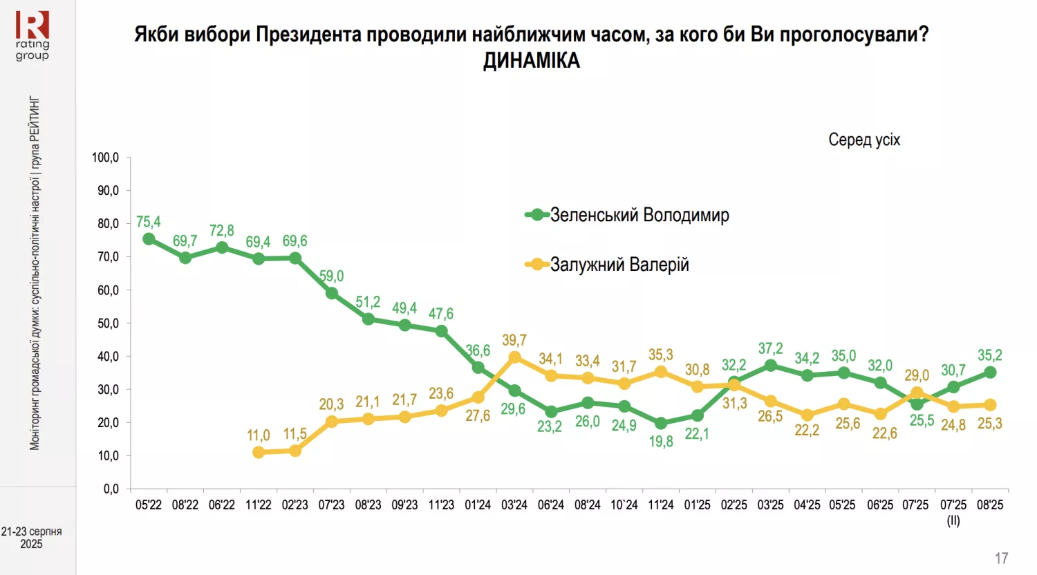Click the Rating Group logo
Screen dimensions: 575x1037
coord(32,35)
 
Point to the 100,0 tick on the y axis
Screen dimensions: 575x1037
coord(106,158)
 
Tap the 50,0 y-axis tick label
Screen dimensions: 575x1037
coord(108,323)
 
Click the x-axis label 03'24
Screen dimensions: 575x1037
coord(514,505)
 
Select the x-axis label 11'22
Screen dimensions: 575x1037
coord(259,505)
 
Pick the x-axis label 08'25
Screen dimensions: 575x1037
coord(990,505)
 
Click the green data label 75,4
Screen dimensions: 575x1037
coord(149,222)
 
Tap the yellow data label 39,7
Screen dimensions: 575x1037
coord(514,340)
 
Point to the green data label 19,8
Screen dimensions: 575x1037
coord(661,441)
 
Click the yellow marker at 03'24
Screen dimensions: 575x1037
coord(514,357)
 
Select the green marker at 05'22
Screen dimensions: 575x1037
coord(149,239)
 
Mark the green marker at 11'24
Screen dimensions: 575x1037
coord(661,423)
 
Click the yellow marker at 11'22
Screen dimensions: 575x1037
coord(259,452)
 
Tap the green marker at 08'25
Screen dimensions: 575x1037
coord(990,373)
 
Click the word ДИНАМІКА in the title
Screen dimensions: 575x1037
coord(531,61)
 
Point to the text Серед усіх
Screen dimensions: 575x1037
coord(864,140)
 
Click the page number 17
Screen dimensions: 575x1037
coord(1002,558)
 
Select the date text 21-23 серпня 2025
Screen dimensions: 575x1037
coord(31,538)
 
